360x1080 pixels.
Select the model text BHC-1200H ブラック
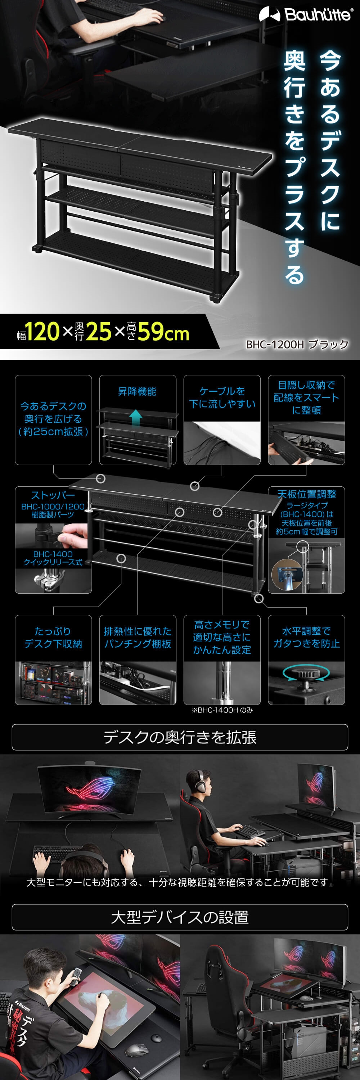pos(297,344)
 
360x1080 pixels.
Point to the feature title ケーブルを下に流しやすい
pos(222,397)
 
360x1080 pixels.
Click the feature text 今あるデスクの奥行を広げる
pos(53,418)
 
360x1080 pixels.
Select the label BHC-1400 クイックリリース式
pos(53,558)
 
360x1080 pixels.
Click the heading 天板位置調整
pos(306,494)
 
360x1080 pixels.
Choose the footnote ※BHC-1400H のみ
pos(222,710)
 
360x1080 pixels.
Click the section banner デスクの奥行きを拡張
pos(180,737)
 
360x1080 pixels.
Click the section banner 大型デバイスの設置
pos(180,917)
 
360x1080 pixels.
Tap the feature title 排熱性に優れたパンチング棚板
pos(138,637)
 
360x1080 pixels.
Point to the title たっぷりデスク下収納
pos(53,637)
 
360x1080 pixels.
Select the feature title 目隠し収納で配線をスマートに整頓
pos(306,397)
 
